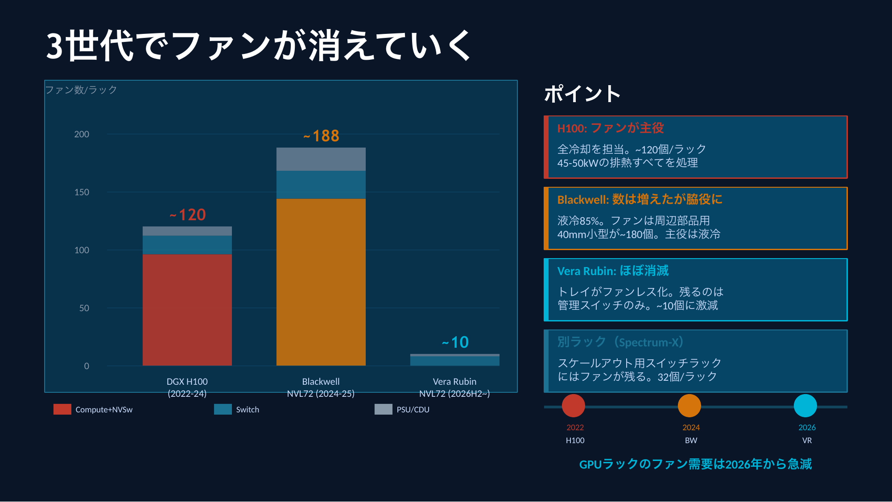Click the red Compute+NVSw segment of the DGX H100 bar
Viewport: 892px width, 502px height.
187,310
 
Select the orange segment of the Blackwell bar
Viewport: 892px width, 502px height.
321,282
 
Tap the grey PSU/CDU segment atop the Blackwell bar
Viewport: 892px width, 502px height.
321,159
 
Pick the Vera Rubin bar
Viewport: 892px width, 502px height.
454,360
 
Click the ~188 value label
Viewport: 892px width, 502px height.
321,136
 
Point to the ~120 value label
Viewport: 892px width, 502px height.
187,215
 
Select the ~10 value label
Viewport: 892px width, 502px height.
455,342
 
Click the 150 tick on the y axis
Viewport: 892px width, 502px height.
82,192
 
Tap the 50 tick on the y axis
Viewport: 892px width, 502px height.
84,308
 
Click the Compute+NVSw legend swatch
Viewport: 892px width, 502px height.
62,409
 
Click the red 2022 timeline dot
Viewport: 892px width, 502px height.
574,406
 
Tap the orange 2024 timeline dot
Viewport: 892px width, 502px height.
690,406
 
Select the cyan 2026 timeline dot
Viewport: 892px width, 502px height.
805,406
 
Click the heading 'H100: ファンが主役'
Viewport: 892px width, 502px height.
611,128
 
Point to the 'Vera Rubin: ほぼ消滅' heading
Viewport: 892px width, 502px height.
613,271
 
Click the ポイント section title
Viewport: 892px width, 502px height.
582,94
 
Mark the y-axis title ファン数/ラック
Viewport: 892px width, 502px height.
81,90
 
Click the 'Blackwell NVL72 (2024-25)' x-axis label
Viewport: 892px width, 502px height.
321,387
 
